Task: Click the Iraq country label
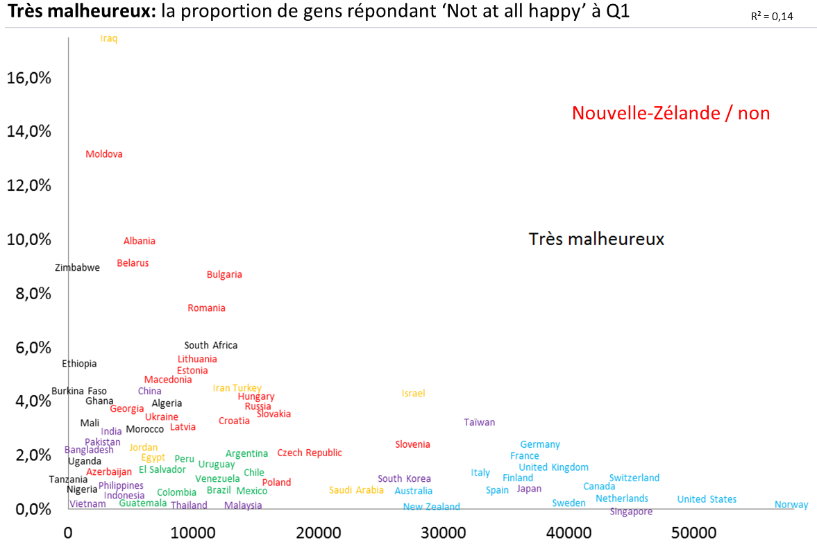click(x=109, y=38)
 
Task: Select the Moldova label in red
click(x=104, y=154)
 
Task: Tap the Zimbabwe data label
click(x=77, y=267)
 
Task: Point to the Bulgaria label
click(x=224, y=274)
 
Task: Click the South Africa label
click(x=211, y=345)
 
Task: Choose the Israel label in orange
click(x=413, y=394)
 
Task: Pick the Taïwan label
click(x=480, y=422)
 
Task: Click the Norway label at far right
click(x=791, y=505)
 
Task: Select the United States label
click(x=707, y=499)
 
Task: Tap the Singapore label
click(x=631, y=512)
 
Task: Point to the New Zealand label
click(x=431, y=507)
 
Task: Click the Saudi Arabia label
click(x=356, y=490)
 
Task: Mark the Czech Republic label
click(x=310, y=453)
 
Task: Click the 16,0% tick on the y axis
click(x=29, y=78)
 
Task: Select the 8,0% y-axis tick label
click(x=33, y=293)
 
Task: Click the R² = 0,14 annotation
click(x=772, y=17)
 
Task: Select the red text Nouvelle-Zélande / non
click(x=671, y=113)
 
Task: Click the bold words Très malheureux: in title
click(x=81, y=12)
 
